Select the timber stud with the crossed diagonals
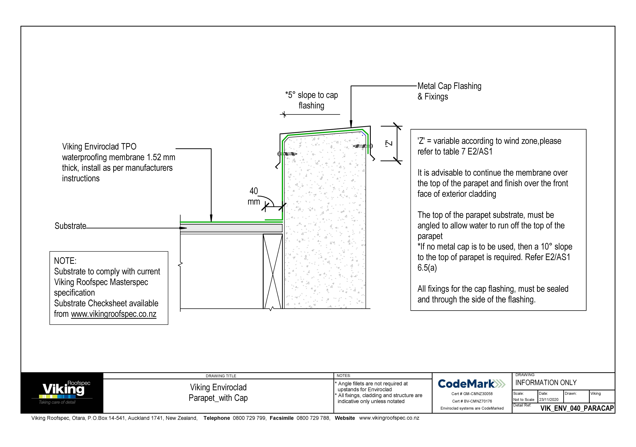tap(273, 271)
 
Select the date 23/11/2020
tap(548, 400)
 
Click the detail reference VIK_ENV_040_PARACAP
tap(577, 408)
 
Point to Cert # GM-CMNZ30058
tap(472, 394)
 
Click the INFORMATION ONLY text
tap(546, 383)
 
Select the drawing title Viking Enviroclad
tap(218, 387)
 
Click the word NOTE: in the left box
tap(65, 261)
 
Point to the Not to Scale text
tap(523, 400)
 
